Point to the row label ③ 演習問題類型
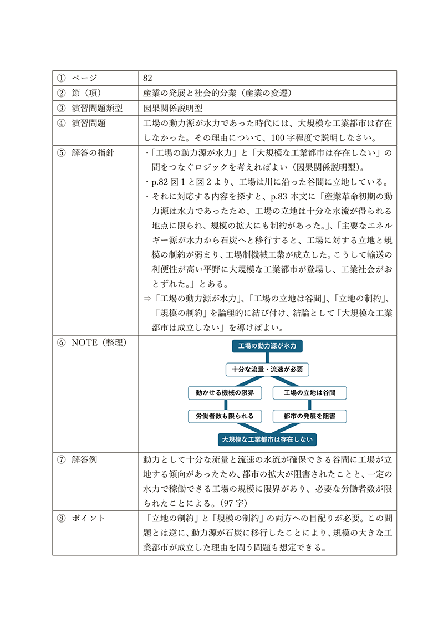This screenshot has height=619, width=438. coord(89,108)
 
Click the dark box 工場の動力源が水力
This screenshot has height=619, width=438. coord(267,346)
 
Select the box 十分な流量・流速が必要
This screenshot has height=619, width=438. coord(267,369)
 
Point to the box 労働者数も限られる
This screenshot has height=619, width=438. coord(221,416)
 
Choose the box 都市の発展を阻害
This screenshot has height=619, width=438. coord(309,416)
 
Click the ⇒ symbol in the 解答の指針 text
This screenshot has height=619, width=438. coord(147,298)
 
